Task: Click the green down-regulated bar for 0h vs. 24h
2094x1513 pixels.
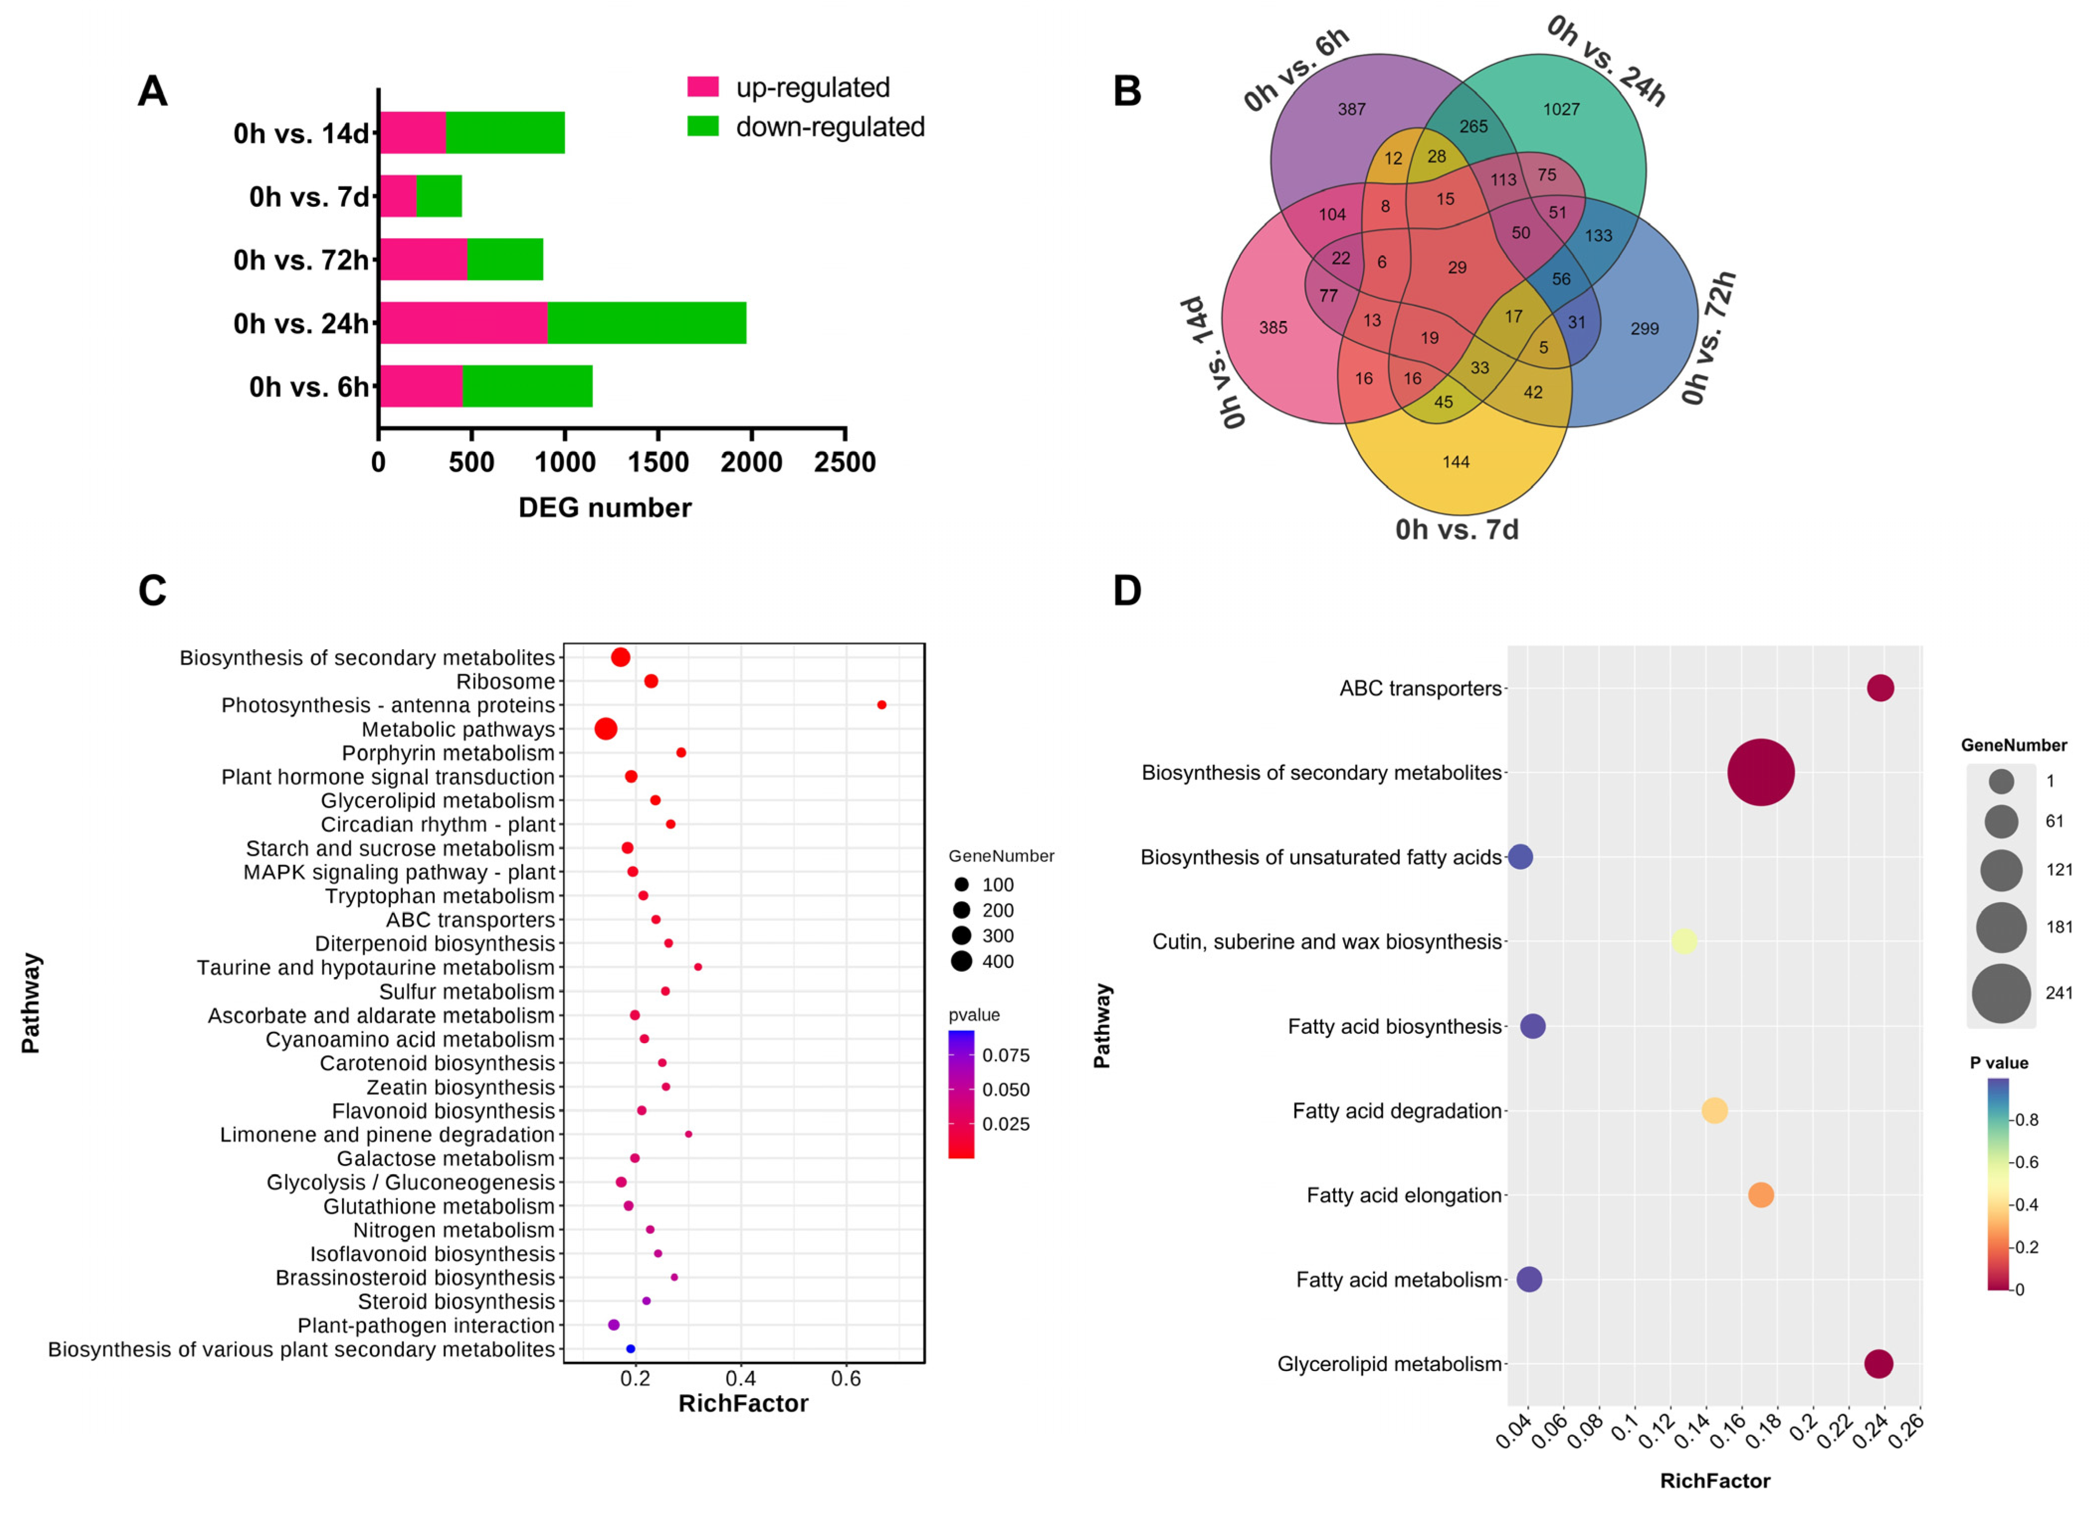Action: click(646, 323)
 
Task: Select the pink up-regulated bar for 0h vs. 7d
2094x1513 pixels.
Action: click(398, 197)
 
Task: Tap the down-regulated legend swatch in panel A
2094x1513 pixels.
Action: click(703, 126)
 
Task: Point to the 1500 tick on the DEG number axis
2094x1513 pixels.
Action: click(658, 462)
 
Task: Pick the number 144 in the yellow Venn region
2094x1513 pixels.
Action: click(1456, 462)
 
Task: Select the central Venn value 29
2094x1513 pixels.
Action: click(1457, 268)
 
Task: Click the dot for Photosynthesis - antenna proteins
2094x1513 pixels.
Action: click(882, 705)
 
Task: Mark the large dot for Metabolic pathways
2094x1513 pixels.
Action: click(606, 729)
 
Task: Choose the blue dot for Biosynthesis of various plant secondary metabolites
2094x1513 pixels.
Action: click(631, 1348)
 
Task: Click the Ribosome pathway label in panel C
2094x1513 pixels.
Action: click(505, 682)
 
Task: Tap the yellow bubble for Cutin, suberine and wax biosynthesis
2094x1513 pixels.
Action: click(1684, 941)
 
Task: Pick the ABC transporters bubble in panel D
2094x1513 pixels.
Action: click(1881, 688)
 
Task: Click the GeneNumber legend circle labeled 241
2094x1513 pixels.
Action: click(2001, 993)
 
